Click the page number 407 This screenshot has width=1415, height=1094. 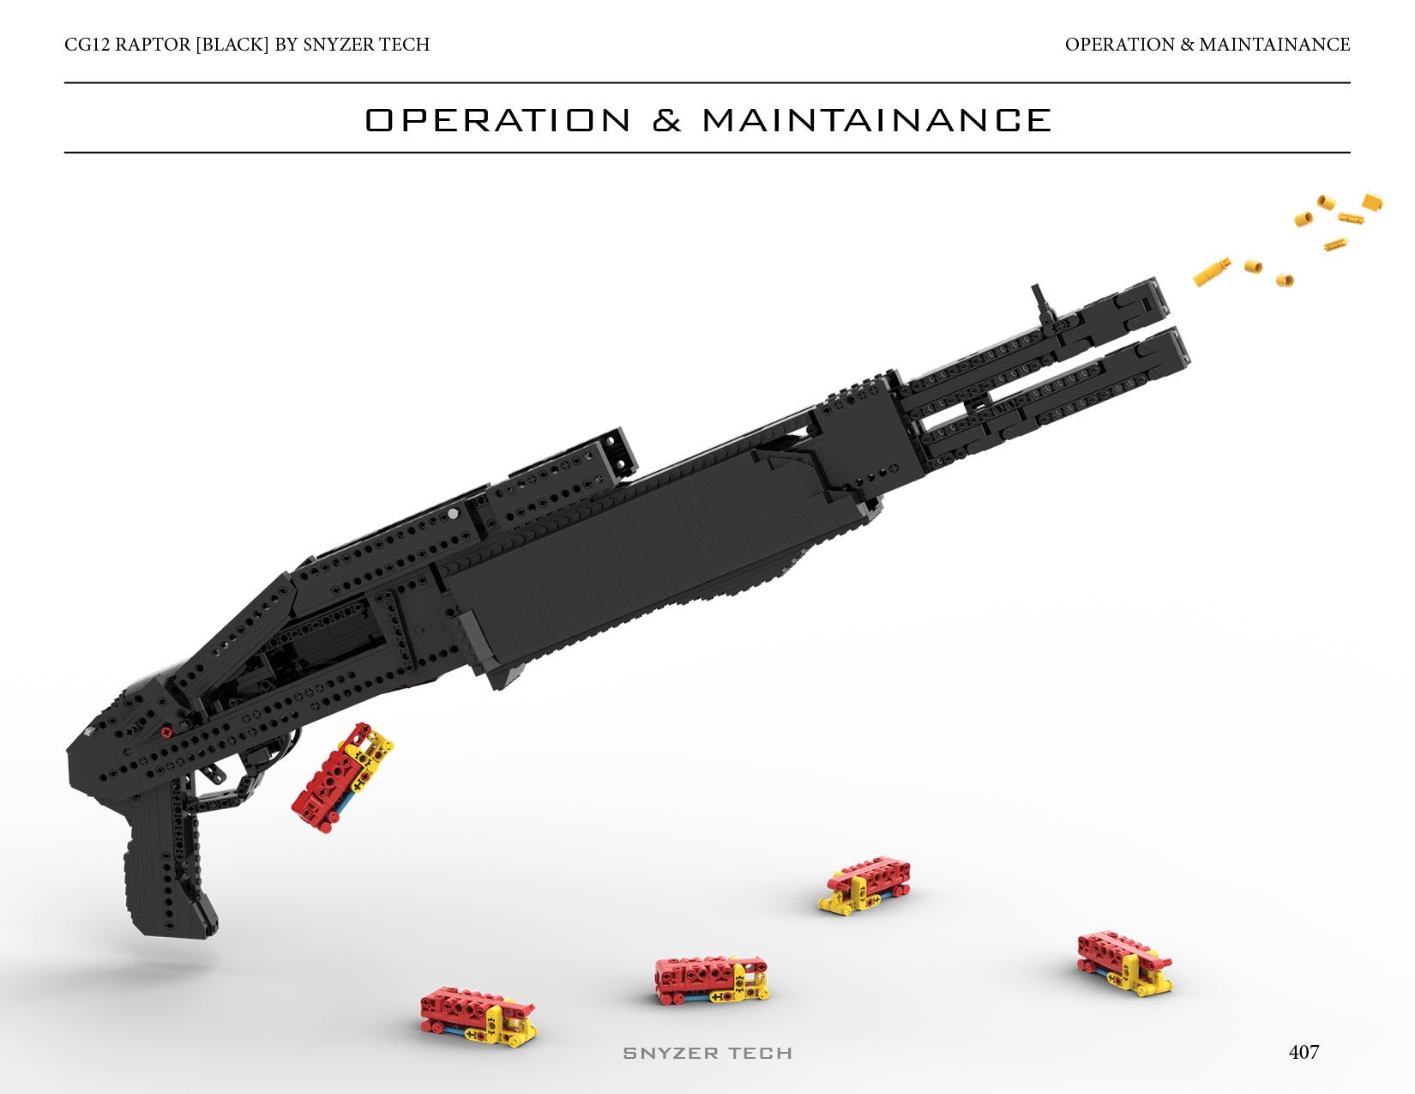tap(1304, 1052)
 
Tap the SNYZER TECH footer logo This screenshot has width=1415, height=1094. tap(707, 1053)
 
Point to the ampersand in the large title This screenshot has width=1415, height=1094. tap(666, 120)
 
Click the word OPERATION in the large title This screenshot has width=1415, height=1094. tap(498, 120)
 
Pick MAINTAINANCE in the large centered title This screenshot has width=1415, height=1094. tap(876, 120)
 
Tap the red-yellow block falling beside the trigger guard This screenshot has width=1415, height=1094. tap(342, 777)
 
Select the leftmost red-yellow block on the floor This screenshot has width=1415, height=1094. tap(478, 1018)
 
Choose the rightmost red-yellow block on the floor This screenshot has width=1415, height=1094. tap(1124, 962)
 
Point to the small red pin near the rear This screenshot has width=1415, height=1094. tap(166, 732)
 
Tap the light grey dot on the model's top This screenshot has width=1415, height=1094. tap(453, 513)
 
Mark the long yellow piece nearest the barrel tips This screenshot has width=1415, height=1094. tap(1212, 272)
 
